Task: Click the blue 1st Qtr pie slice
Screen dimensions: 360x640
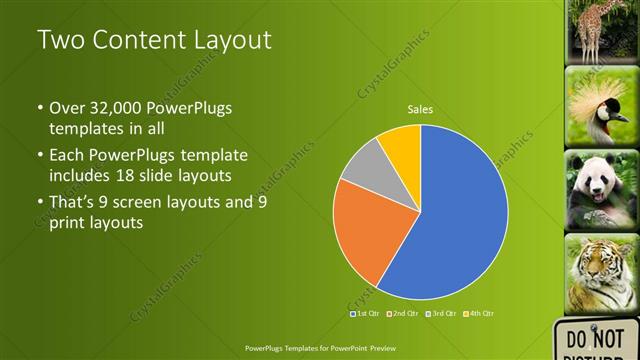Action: tap(455, 220)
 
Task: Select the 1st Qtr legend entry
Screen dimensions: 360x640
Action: tap(366, 314)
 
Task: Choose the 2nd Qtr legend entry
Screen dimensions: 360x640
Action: tap(404, 314)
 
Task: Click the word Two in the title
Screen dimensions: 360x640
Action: tap(60, 41)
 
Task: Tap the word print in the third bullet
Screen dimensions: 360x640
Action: tap(71, 223)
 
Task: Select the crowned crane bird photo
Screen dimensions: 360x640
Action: tap(602, 106)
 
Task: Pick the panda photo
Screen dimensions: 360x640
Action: tap(602, 190)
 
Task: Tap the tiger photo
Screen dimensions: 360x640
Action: tap(602, 273)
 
